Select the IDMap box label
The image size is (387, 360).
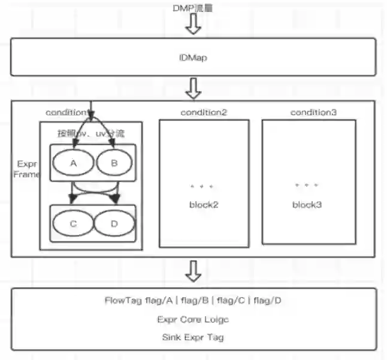click(193, 58)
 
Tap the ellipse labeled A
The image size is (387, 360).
click(73, 162)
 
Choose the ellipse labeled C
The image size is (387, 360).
click(73, 224)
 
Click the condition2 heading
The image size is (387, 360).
click(204, 113)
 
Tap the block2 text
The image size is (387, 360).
click(204, 204)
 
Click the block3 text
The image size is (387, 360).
click(307, 204)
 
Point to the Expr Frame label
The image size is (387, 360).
click(27, 169)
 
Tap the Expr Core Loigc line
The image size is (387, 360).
click(193, 319)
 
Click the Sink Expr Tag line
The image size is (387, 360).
click(193, 337)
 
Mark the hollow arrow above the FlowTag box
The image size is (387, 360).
click(193, 271)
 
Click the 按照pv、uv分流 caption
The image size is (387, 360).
click(90, 133)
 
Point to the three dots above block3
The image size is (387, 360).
click(307, 186)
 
